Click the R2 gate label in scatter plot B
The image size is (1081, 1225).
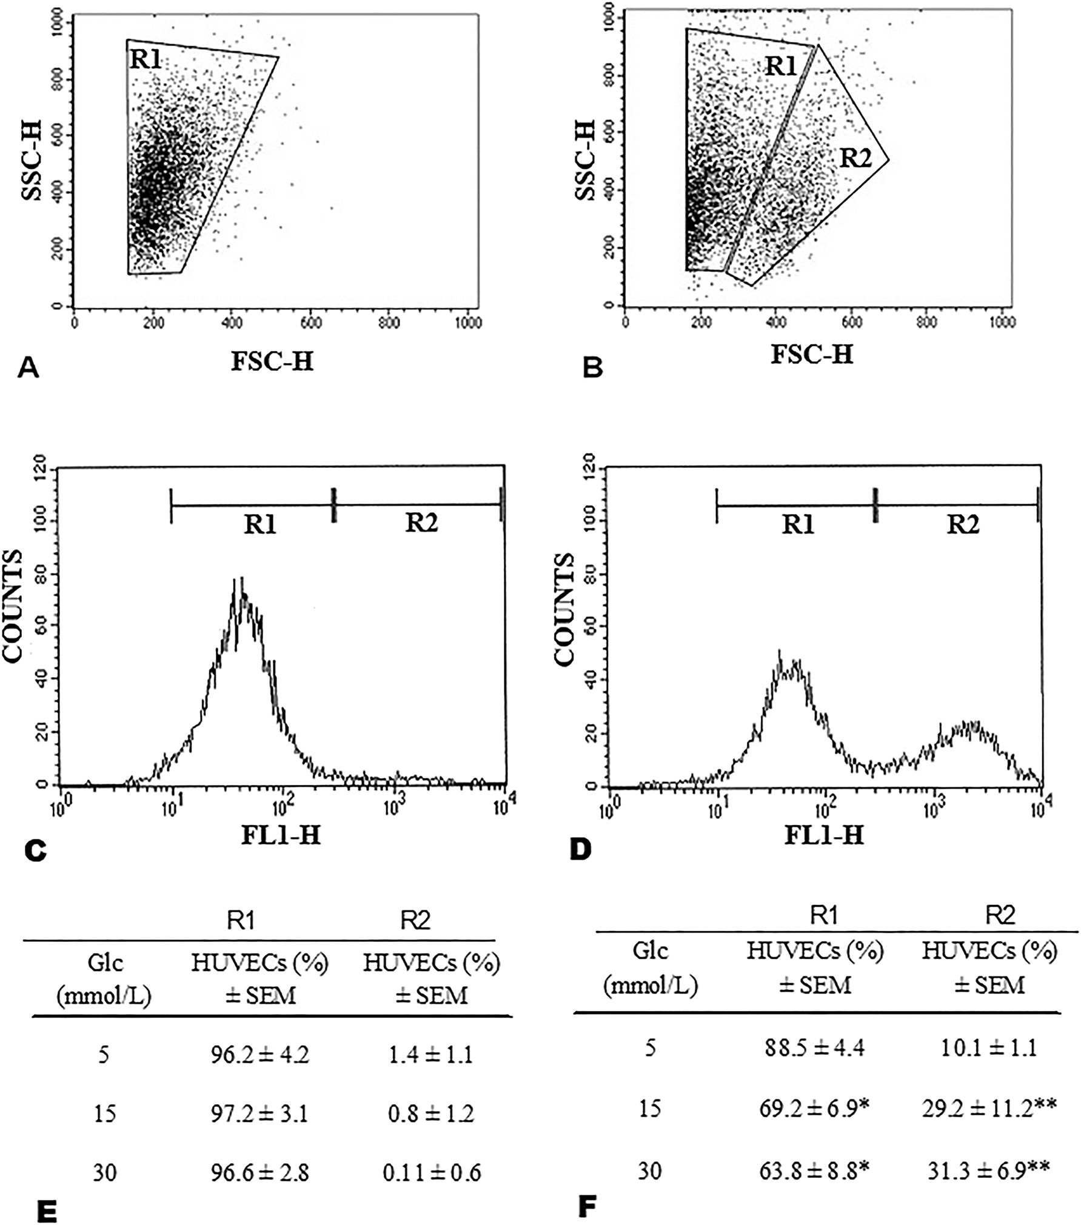point(855,159)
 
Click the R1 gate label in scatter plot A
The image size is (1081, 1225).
point(145,59)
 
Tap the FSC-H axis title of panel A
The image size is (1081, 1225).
point(272,361)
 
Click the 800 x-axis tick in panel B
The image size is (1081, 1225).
point(926,321)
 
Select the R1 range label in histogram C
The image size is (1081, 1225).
point(260,525)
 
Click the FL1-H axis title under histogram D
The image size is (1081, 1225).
point(824,836)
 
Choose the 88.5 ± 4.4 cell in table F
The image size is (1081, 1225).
point(814,1049)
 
